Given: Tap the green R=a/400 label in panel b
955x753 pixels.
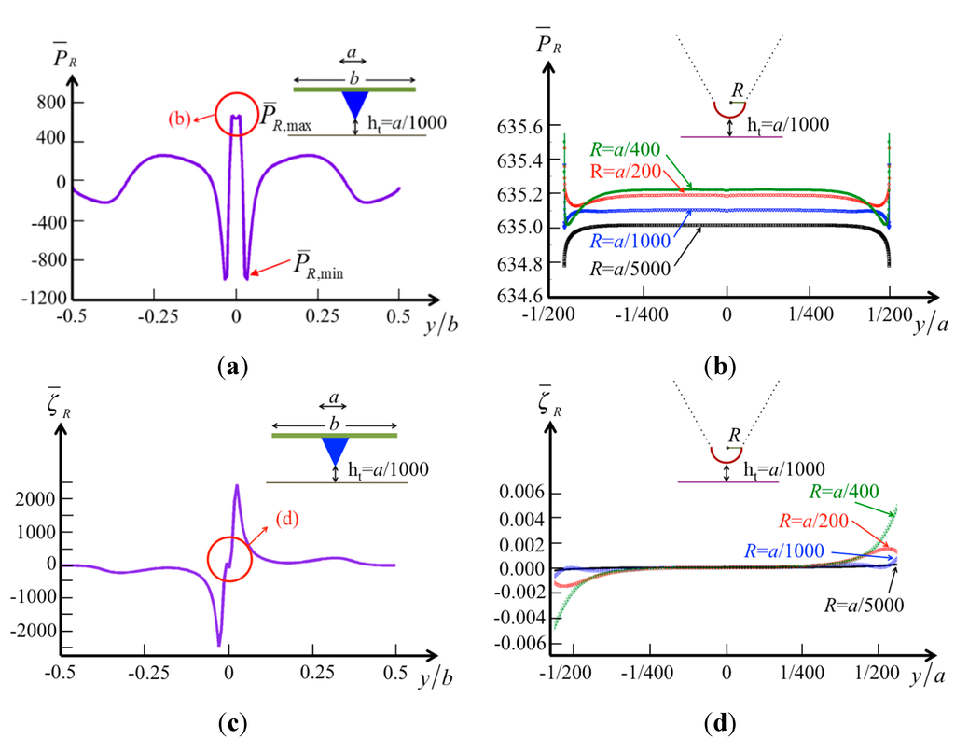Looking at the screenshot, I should (x=621, y=148).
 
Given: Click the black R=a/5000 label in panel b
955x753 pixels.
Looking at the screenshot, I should (x=632, y=265).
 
